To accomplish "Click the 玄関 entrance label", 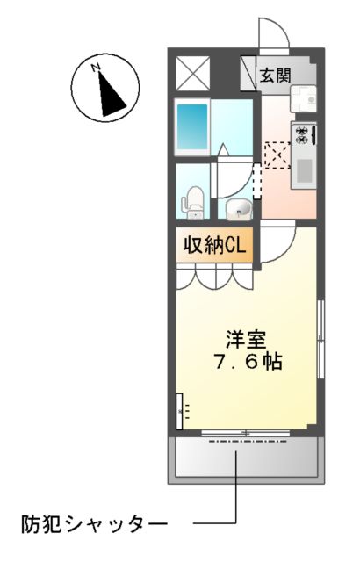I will coord(274,76).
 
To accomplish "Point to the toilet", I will coord(193,202).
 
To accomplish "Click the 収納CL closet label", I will coord(213,243).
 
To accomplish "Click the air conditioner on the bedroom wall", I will coord(183,408).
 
